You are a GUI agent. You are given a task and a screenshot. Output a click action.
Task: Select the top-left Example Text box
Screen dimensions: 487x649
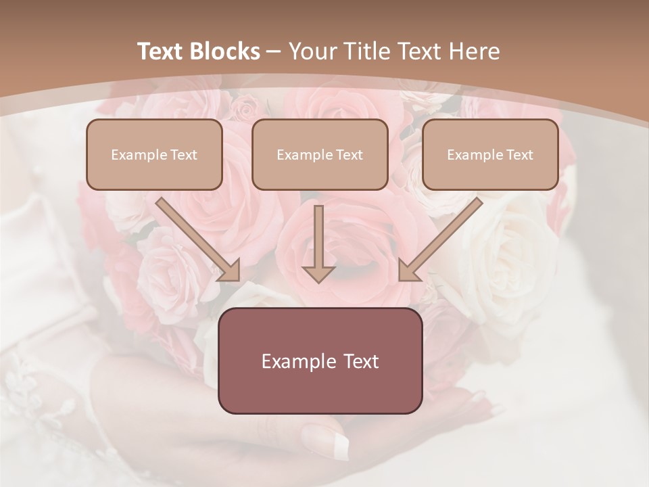click(154, 155)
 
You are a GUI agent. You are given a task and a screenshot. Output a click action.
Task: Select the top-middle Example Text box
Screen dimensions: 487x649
click(320, 155)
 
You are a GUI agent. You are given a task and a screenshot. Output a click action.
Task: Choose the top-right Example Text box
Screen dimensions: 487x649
click(490, 155)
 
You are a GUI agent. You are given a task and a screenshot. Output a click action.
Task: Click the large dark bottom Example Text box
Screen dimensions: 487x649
click(320, 361)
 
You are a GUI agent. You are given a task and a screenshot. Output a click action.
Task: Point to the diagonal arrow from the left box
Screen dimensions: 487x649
click(197, 239)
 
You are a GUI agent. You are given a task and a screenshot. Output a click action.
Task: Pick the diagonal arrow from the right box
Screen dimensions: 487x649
click(441, 239)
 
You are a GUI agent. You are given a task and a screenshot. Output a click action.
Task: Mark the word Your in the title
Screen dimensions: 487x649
click(312, 51)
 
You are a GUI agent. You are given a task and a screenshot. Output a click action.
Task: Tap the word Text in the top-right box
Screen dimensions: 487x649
click(519, 155)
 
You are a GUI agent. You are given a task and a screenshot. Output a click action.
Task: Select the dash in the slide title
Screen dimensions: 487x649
click(274, 51)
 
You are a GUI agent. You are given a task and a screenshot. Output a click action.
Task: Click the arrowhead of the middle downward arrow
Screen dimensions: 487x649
click(318, 273)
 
